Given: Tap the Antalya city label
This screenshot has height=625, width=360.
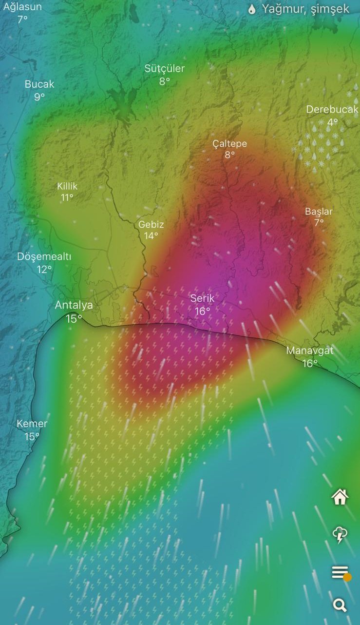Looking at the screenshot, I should tap(74, 305).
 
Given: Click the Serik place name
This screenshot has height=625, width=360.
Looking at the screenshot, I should tap(202, 298).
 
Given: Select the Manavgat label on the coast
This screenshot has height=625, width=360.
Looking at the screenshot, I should tap(310, 351).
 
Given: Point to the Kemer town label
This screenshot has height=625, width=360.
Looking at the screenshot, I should tap(32, 424).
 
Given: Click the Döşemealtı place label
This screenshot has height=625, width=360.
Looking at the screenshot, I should tap(44, 257).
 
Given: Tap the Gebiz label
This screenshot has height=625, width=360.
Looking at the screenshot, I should tap(151, 225).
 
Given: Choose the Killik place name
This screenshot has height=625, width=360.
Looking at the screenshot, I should tap(67, 186).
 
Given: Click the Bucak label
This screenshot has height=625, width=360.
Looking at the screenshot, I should tap(39, 84).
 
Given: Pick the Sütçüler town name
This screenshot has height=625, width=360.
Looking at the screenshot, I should tap(165, 69).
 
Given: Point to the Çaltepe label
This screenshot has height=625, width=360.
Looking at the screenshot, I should tap(229, 144).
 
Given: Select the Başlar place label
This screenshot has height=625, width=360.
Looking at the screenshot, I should tap(319, 212).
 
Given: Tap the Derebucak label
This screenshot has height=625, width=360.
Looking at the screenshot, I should tap(332, 110).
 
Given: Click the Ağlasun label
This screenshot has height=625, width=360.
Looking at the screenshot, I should tap(22, 7).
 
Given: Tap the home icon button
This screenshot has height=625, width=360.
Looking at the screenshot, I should tap(340, 497).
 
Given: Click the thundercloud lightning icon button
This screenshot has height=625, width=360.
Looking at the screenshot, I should tap(340, 535).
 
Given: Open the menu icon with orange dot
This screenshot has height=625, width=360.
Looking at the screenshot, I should tap(341, 572).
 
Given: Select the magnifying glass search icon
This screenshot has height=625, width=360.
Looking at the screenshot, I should tap(340, 605).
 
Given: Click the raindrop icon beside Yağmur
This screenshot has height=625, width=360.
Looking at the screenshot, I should tap(252, 9).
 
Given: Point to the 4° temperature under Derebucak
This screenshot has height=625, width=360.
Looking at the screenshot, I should tap(332, 122).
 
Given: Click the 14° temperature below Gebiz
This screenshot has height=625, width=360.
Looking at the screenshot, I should tap(151, 236).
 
